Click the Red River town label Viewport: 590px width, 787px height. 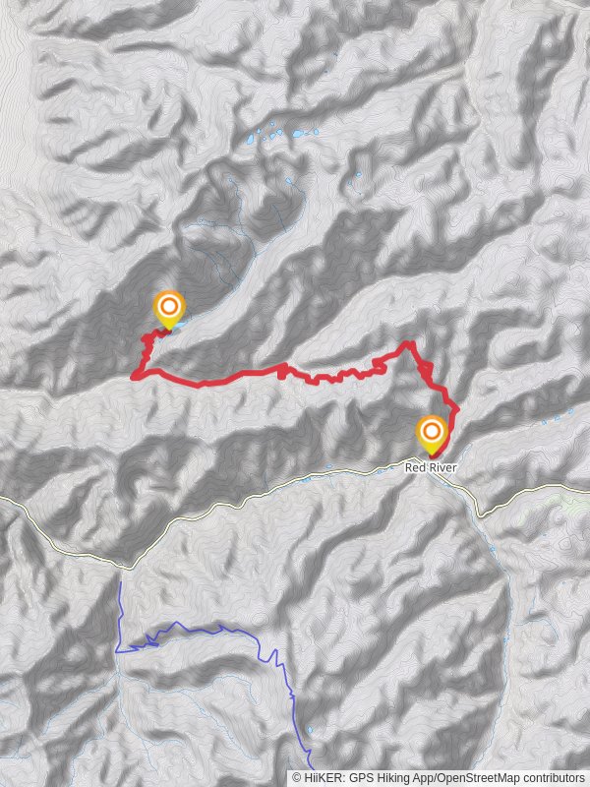pyautogui.click(x=430, y=467)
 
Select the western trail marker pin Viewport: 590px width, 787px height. pyautogui.click(x=168, y=309)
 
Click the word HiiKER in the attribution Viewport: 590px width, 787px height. pyautogui.click(x=327, y=777)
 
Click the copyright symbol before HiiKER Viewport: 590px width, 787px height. pyautogui.click(x=296, y=777)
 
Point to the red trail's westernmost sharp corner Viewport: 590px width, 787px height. pyautogui.click(x=134, y=374)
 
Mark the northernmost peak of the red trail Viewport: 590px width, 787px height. pyautogui.click(x=406, y=343)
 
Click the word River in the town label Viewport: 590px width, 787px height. pyautogui.click(x=440, y=467)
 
